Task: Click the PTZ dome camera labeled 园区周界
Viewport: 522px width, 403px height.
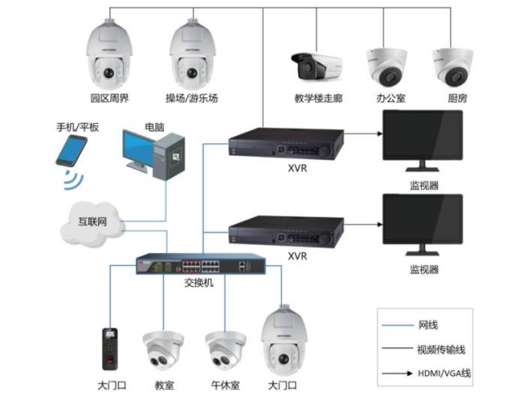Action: click(110, 55)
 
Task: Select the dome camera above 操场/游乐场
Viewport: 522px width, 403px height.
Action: click(192, 55)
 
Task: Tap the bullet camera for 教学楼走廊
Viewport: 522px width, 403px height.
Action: click(317, 67)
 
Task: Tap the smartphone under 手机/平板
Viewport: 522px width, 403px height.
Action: click(71, 151)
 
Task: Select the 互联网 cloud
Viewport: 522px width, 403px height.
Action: click(92, 223)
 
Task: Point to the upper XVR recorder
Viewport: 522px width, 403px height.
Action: click(286, 143)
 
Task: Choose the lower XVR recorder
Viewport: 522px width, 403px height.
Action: click(286, 231)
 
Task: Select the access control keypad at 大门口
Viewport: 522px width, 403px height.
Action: click(110, 349)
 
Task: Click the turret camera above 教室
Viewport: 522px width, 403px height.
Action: click(163, 351)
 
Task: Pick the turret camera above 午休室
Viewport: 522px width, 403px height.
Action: click(225, 351)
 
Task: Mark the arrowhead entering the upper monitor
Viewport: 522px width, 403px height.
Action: click(380, 134)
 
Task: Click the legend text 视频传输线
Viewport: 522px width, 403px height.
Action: click(441, 350)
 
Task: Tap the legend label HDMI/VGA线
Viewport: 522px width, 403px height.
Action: click(444, 373)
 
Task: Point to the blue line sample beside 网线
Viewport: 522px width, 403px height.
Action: click(397, 325)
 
